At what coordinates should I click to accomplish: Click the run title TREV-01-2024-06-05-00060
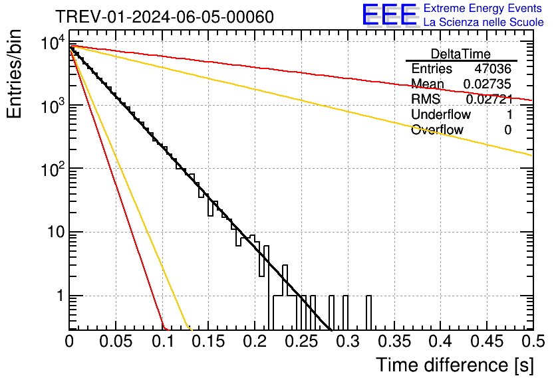pos(164,17)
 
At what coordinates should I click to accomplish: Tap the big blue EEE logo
pos(389,15)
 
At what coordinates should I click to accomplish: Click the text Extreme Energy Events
pos(483,9)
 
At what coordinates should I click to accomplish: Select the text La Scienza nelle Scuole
pos(483,22)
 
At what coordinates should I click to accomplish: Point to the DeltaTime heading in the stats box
pos(461,54)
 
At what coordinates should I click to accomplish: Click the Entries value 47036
pos(492,69)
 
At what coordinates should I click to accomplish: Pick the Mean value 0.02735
pos(487,84)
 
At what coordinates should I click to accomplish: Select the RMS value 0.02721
pos(488,100)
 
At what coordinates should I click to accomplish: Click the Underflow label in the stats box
pos(440,115)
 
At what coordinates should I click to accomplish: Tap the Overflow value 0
pos(507,130)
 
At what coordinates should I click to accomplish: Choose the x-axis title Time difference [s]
pos(454,365)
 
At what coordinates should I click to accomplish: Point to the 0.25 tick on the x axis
pos(301,341)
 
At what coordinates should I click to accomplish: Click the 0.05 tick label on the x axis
pos(116,341)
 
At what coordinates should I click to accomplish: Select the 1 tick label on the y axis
pos(59,296)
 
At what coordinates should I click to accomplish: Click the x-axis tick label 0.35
pos(394,341)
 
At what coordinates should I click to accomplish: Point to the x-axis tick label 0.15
pos(208,341)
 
